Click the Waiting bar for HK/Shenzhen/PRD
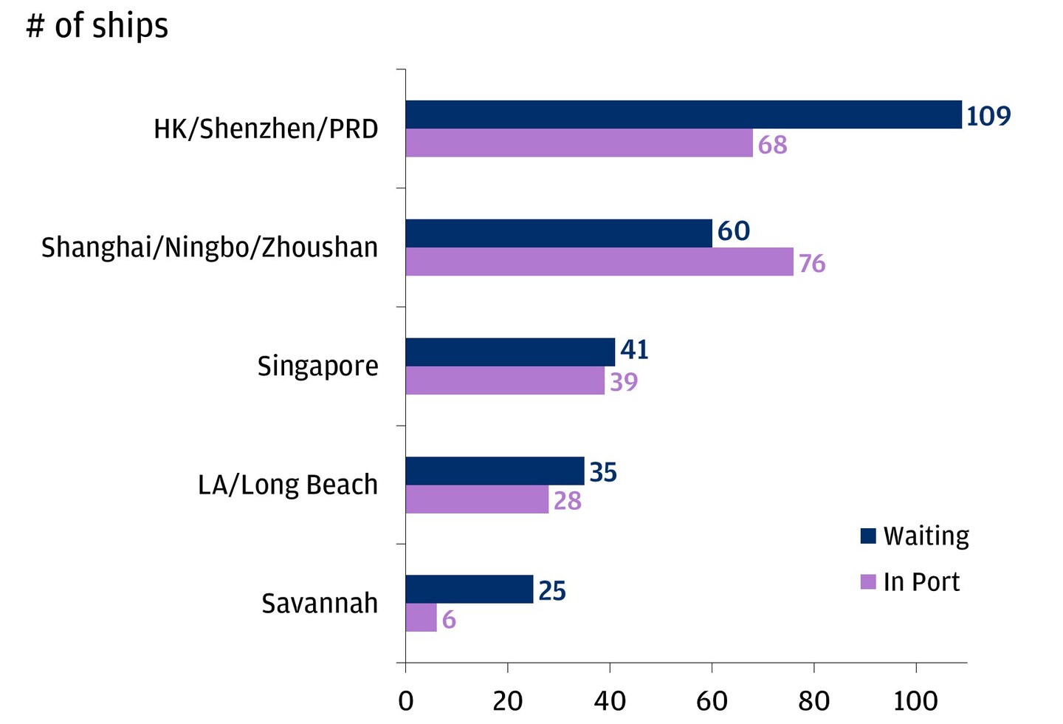pos(683,115)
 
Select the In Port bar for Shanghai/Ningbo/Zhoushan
pos(599,262)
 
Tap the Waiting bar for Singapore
pos(510,352)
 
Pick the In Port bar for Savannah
pos(421,618)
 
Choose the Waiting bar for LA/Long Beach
pos(495,471)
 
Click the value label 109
pos(988,116)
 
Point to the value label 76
pos(812,264)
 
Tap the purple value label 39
pos(624,382)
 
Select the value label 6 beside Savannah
pos(449,620)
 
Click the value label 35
pos(603,472)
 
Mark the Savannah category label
pos(320,604)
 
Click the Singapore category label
pos(317,366)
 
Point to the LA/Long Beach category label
pos(288,485)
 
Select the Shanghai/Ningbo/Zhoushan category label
pos(210,247)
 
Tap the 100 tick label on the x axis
pos(915,700)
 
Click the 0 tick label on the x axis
pos(405,700)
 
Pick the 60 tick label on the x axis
pos(712,700)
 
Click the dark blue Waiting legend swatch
pos(868,536)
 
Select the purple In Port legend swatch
pos(868,581)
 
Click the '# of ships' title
pos(97,26)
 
